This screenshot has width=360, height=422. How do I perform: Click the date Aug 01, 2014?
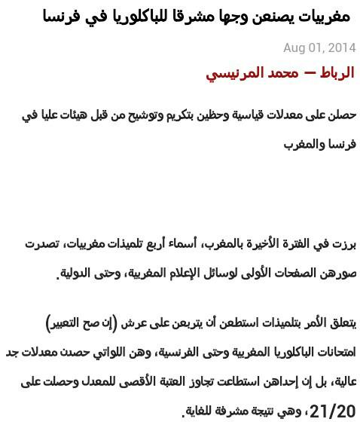pos(319,47)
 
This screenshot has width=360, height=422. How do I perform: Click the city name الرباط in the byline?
pos(334,73)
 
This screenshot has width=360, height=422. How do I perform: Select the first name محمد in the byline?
pos(282,73)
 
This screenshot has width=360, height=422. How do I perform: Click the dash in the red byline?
pos(310,74)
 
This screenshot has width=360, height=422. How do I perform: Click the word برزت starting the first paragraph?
pos(343,243)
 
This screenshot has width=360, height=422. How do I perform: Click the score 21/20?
pos(332,411)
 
